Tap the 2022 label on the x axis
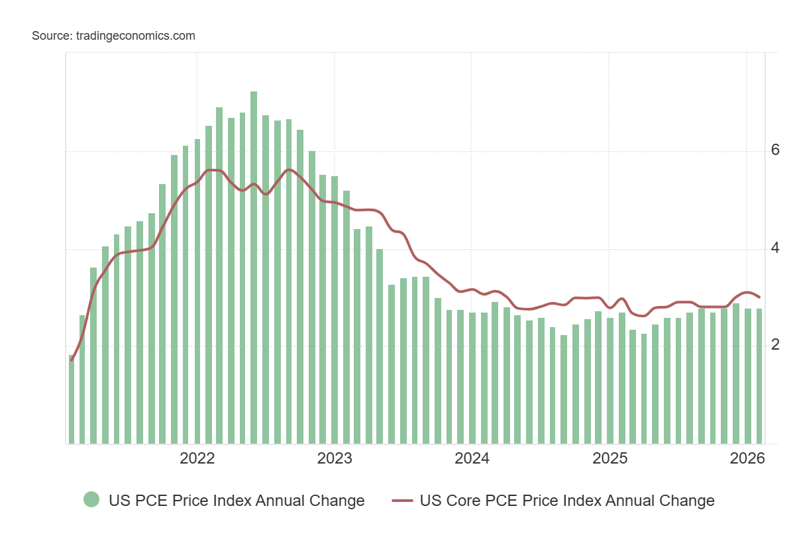pos(197,458)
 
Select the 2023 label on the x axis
pos(335,458)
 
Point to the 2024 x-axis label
pos(472,458)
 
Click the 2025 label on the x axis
pos(609,458)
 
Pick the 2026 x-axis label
pos(746,458)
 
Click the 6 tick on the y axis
pos(775,150)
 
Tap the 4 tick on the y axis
pos(775,248)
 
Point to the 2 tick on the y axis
pos(775,345)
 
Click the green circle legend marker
pos(91,500)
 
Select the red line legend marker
pos(402,501)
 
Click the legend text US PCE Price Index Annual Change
pos(237,501)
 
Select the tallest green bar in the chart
pos(254,265)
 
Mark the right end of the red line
pos(759,297)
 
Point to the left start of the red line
pos(72,360)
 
